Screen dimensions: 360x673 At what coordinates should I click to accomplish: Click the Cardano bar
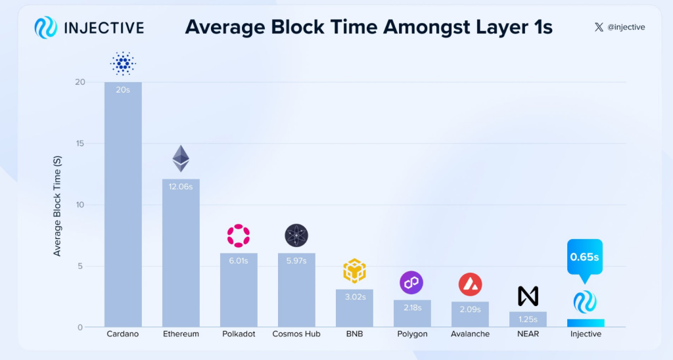(123, 204)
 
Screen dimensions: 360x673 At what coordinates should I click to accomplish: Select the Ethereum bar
(181, 253)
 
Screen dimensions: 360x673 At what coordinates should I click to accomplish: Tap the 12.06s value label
(181, 187)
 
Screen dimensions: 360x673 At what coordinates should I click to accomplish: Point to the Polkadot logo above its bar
(239, 236)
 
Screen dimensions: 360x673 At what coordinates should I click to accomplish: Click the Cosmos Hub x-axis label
(296, 334)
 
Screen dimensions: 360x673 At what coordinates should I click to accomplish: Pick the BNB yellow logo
(354, 271)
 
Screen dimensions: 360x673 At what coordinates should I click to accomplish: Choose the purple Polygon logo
(411, 283)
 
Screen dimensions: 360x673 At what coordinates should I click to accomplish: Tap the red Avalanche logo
(470, 284)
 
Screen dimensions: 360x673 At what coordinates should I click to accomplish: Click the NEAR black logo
(528, 296)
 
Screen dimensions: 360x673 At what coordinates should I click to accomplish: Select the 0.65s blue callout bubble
(584, 256)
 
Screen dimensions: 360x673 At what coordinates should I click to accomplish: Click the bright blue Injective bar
(585, 323)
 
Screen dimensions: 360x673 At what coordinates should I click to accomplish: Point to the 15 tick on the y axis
(80, 143)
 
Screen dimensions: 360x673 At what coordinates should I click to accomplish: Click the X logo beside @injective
(598, 27)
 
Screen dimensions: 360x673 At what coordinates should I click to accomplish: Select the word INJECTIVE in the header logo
(104, 28)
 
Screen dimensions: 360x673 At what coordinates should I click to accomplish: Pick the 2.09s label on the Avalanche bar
(470, 309)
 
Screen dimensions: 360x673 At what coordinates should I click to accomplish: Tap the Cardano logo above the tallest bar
(123, 64)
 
